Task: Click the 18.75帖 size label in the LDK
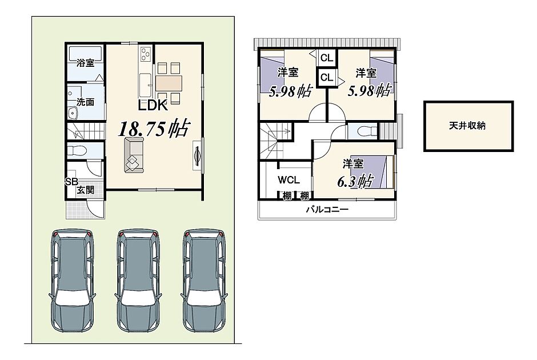[154, 128]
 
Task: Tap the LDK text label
[153, 106]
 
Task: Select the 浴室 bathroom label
[85, 63]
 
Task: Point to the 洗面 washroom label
[85, 102]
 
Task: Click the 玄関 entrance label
[85, 190]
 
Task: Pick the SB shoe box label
[71, 182]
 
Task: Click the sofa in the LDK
[134, 155]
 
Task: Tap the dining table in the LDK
[168, 83]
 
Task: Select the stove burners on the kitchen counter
[146, 54]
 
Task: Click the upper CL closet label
[326, 58]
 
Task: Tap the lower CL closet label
[326, 78]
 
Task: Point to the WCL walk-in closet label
[288, 180]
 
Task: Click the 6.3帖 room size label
[355, 181]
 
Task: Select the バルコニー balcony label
[327, 209]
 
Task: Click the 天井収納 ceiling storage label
[467, 126]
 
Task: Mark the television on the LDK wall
[198, 156]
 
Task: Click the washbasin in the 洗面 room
[73, 113]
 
